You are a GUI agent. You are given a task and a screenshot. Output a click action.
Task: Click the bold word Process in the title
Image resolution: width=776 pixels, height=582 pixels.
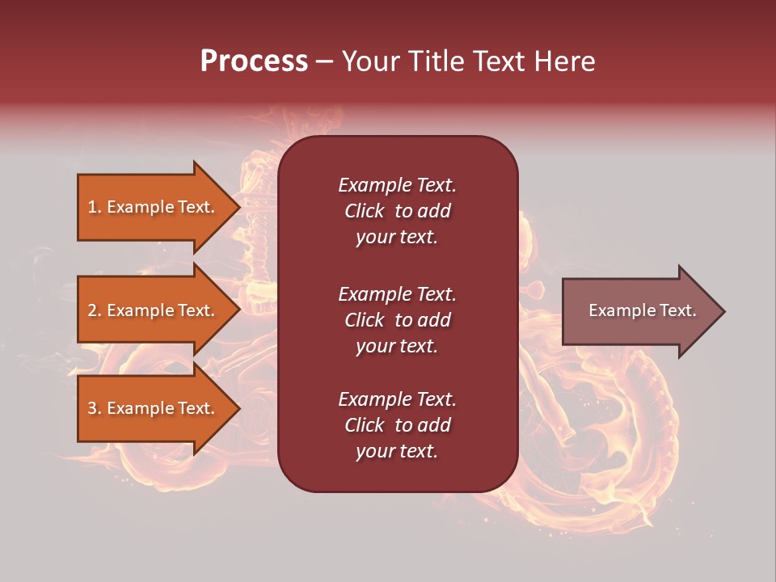(254, 61)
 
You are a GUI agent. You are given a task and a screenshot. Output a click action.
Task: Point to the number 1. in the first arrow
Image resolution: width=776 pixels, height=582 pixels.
(95, 207)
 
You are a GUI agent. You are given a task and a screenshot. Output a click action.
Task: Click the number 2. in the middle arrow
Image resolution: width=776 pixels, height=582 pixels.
(95, 310)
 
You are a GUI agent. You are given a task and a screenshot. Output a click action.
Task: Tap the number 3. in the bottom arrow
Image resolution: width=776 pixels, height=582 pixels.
(95, 408)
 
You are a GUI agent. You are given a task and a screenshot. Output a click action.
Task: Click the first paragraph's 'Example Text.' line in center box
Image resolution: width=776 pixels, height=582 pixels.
(397, 185)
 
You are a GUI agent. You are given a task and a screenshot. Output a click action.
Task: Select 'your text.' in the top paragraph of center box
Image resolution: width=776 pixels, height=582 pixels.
(397, 237)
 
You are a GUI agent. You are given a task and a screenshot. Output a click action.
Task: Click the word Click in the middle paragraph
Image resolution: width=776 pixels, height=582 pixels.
(365, 320)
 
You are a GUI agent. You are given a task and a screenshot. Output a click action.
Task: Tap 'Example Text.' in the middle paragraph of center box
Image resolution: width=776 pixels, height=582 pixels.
(397, 294)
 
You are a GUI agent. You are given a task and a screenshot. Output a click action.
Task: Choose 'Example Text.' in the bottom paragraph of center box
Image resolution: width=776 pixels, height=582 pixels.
(397, 399)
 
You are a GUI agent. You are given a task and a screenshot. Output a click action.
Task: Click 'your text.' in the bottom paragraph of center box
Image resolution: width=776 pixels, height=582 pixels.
(397, 451)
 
